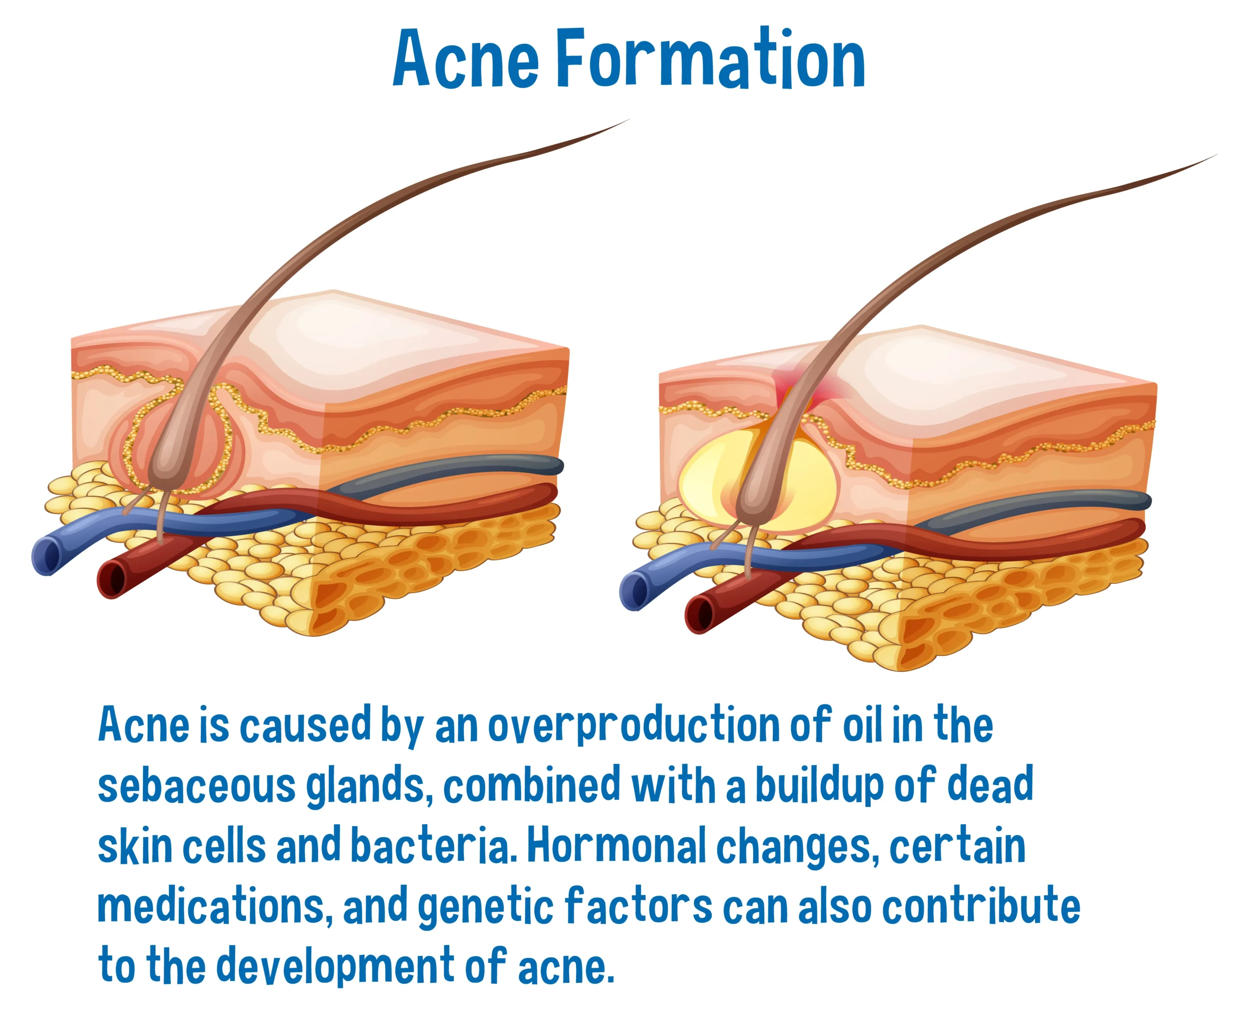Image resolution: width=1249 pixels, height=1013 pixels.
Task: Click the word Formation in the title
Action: pos(710,59)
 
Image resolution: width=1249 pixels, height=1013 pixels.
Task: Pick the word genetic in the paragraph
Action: pos(485,908)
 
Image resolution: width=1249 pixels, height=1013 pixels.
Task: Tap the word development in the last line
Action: pos(335,968)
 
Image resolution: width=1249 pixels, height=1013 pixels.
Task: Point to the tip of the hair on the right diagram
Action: pos(1217,155)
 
